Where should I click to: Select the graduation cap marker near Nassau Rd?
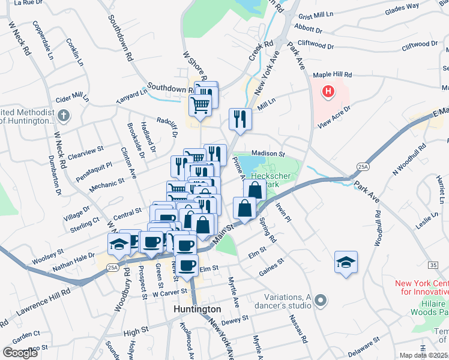point(346,262)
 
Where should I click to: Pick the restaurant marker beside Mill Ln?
point(240,118)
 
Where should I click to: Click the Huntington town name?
point(197,309)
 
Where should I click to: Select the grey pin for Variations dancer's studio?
point(321,300)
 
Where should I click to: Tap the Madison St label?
point(268,153)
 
